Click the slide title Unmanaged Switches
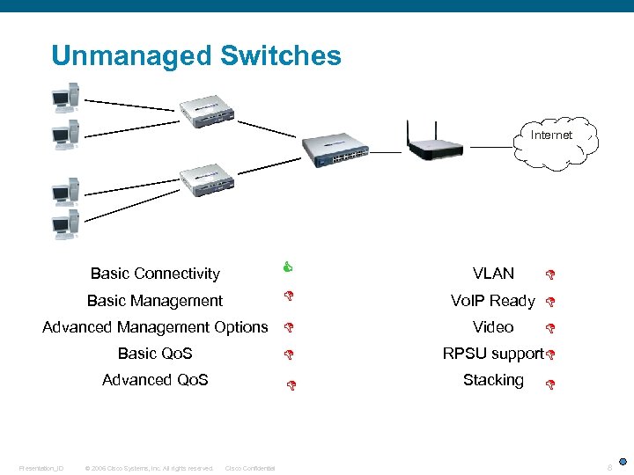click(195, 56)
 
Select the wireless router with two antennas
click(438, 144)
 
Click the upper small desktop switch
click(208, 108)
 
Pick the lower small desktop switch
click(208, 180)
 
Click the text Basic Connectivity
click(155, 274)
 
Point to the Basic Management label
click(155, 301)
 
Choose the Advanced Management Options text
click(155, 327)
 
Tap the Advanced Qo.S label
click(155, 380)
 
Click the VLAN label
click(493, 274)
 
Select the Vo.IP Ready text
click(493, 301)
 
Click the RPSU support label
click(493, 354)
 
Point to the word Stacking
click(493, 380)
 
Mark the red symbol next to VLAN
click(549, 275)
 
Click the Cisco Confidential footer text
click(250, 468)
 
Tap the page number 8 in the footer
click(608, 467)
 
